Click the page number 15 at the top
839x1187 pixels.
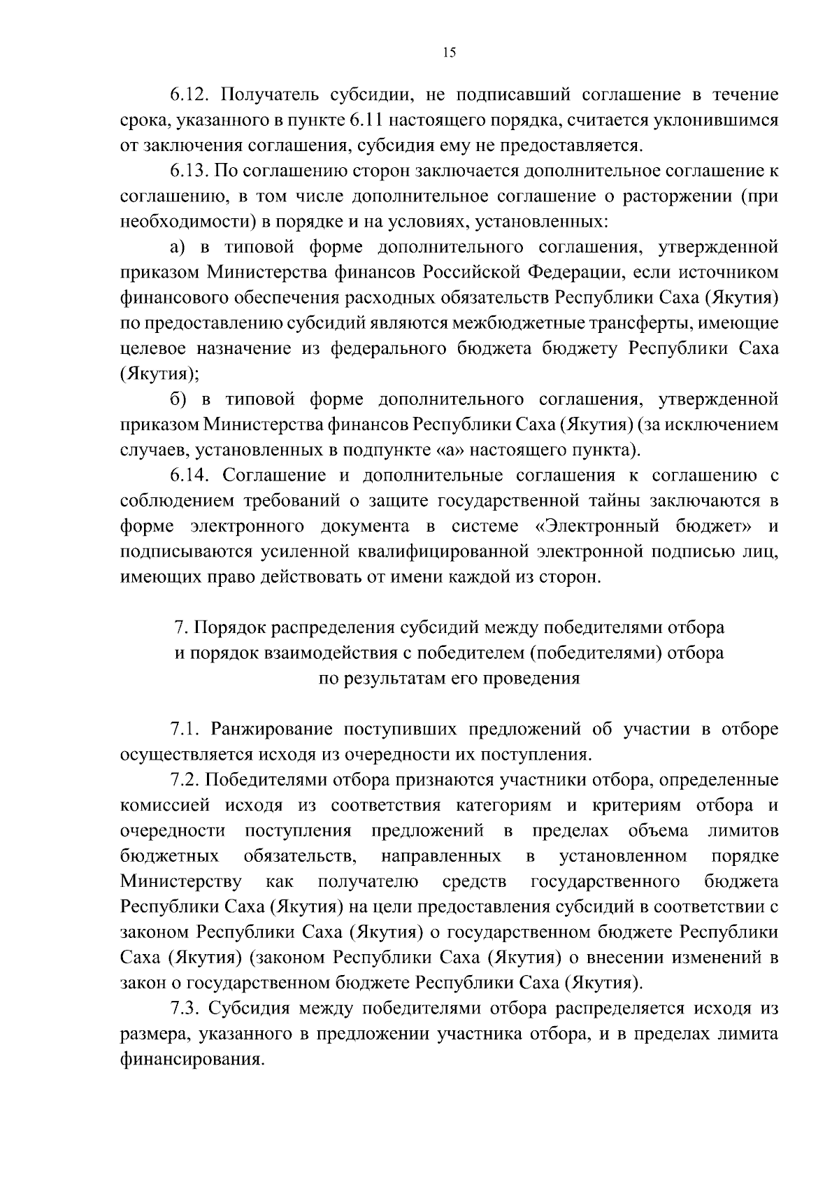click(x=450, y=53)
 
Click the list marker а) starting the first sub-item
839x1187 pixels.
click(x=178, y=247)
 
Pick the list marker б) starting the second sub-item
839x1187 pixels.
click(x=178, y=399)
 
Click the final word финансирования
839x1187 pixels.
click(x=192, y=1060)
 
